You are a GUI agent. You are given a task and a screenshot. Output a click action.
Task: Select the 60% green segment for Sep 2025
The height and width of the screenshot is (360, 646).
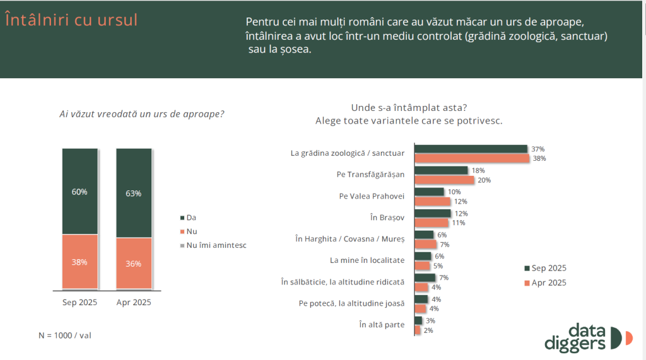[x=80, y=191]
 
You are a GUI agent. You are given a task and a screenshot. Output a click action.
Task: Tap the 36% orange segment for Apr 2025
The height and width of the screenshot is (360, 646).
[x=134, y=263]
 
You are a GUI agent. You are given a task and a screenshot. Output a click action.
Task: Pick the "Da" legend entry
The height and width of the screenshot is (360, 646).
[x=191, y=217]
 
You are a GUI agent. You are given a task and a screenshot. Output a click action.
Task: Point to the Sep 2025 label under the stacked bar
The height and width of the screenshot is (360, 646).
[x=79, y=303]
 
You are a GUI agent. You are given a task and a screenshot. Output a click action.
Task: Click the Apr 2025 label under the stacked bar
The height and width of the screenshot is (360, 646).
[x=134, y=303]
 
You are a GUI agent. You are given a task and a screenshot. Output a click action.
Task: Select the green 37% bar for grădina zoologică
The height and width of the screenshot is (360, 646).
[x=471, y=149]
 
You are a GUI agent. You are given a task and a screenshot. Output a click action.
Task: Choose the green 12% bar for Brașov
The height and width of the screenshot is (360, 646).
[x=432, y=213]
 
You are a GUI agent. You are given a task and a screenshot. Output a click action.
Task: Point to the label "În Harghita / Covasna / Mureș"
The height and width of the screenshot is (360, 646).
[x=350, y=238]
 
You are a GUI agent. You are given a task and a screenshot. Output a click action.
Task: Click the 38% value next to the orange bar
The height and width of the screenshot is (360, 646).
[x=539, y=158]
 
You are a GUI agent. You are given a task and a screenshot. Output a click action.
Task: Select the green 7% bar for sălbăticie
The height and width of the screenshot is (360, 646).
[x=425, y=277]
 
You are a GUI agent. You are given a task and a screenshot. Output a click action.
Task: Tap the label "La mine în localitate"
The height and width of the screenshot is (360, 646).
[x=367, y=260]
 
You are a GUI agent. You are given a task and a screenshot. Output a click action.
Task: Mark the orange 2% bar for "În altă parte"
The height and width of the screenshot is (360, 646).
[x=418, y=330]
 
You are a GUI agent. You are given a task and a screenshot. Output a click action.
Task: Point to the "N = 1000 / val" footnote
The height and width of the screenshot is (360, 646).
[x=66, y=336]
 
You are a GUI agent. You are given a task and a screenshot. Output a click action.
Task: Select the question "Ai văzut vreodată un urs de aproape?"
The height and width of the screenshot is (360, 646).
[x=142, y=114]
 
